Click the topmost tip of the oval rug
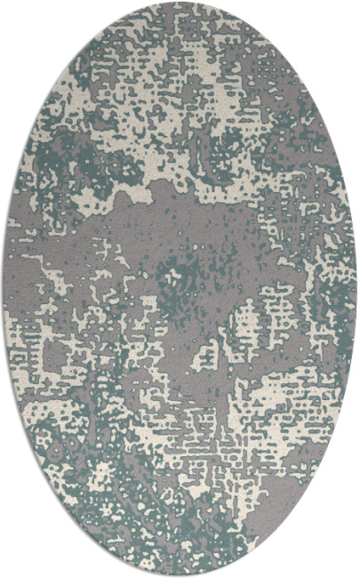pyautogui.click(x=180, y=4)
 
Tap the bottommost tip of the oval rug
pyautogui.click(x=180, y=574)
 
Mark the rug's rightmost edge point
pyautogui.click(x=356, y=289)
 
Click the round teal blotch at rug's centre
pyautogui.click(x=182, y=271)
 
